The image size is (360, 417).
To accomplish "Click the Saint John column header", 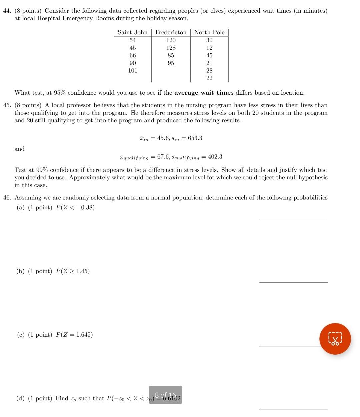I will coord(132,32).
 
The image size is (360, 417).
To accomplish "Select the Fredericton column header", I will coord(171,32).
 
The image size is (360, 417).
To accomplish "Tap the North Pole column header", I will coord(209,32).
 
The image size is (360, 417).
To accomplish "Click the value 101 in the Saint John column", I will coord(133,71).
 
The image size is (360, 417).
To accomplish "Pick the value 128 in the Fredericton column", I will coord(171,48).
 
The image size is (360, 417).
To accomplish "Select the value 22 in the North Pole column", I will coord(209,78).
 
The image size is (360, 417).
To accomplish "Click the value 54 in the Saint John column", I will coord(133,40).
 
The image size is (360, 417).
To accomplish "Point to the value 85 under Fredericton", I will coord(171,55).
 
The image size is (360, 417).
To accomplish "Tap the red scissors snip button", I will coord(335,339).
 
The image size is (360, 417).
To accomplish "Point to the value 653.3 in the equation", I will coord(195,138).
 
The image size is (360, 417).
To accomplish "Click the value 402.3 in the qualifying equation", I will coord(215,157).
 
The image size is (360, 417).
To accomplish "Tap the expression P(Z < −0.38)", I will coord(75,208).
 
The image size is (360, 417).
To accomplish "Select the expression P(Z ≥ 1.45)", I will coord(73,271).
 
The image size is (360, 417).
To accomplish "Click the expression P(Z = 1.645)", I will coord(74,335).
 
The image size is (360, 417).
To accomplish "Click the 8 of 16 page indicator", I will coord(165,395).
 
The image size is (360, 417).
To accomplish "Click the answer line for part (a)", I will coord(293,219).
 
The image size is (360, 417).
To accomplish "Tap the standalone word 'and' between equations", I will coord(19,149).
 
